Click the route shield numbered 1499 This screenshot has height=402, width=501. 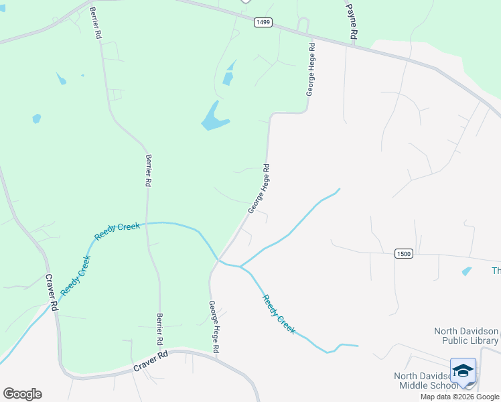click(x=263, y=22)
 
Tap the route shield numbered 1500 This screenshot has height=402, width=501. click(x=403, y=253)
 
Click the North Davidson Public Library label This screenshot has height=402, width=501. click(x=466, y=336)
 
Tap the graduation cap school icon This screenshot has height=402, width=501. click(x=463, y=370)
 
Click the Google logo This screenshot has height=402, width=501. click(x=22, y=394)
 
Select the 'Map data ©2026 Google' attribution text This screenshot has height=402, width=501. click(x=459, y=397)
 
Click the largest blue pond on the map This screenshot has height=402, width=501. click(x=214, y=117)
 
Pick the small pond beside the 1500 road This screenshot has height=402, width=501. click(x=466, y=271)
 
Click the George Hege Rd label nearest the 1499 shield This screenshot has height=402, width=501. click(x=309, y=70)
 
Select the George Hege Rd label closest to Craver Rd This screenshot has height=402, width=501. click(x=214, y=327)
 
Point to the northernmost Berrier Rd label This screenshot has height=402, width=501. click(x=98, y=24)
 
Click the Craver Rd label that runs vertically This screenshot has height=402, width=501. click(x=51, y=291)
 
